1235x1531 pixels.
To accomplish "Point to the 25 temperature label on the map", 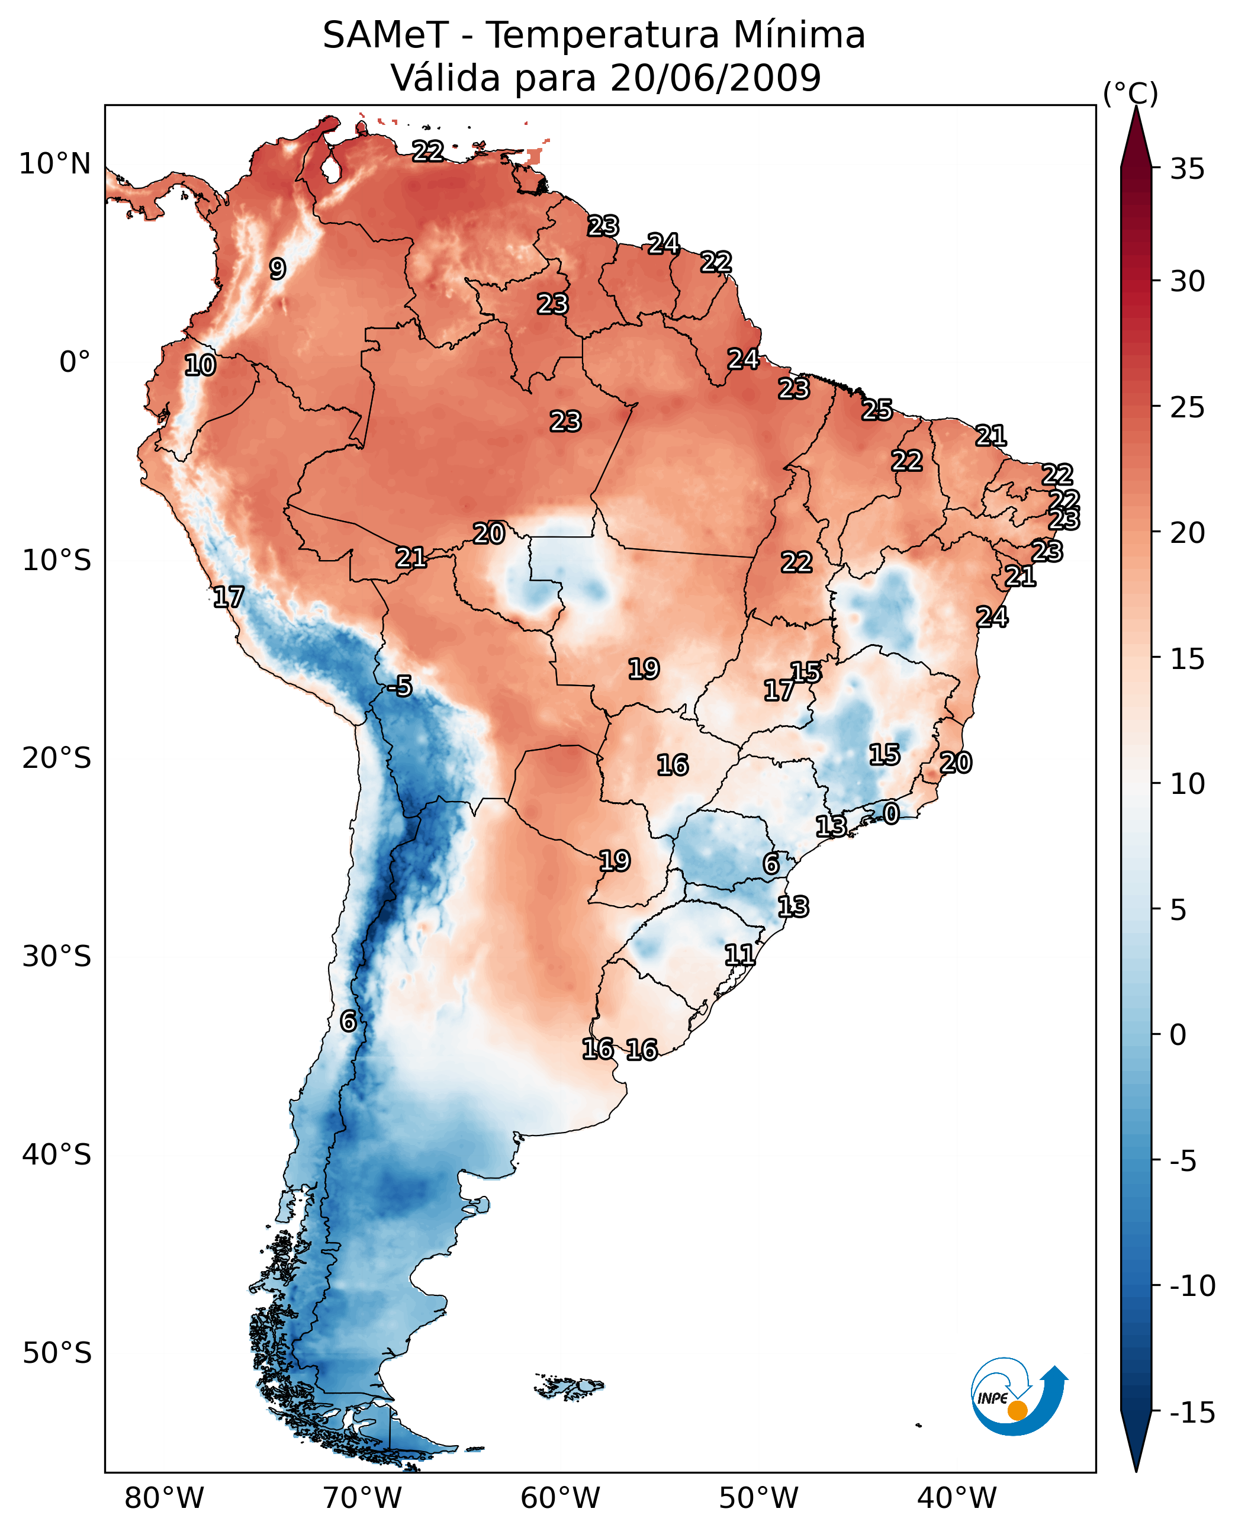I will point(877,410).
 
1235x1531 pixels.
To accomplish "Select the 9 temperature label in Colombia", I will point(278,269).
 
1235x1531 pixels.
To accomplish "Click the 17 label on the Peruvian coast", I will point(229,597).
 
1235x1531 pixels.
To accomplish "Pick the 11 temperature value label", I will point(740,955).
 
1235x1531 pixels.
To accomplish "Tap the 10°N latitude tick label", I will point(55,165).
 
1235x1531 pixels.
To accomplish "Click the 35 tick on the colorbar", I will point(1187,169).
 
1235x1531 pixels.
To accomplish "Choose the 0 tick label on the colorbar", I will point(1178,1034).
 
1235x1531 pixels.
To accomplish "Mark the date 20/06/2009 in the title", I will point(716,78).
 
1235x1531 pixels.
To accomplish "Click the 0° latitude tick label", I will point(75,362).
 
